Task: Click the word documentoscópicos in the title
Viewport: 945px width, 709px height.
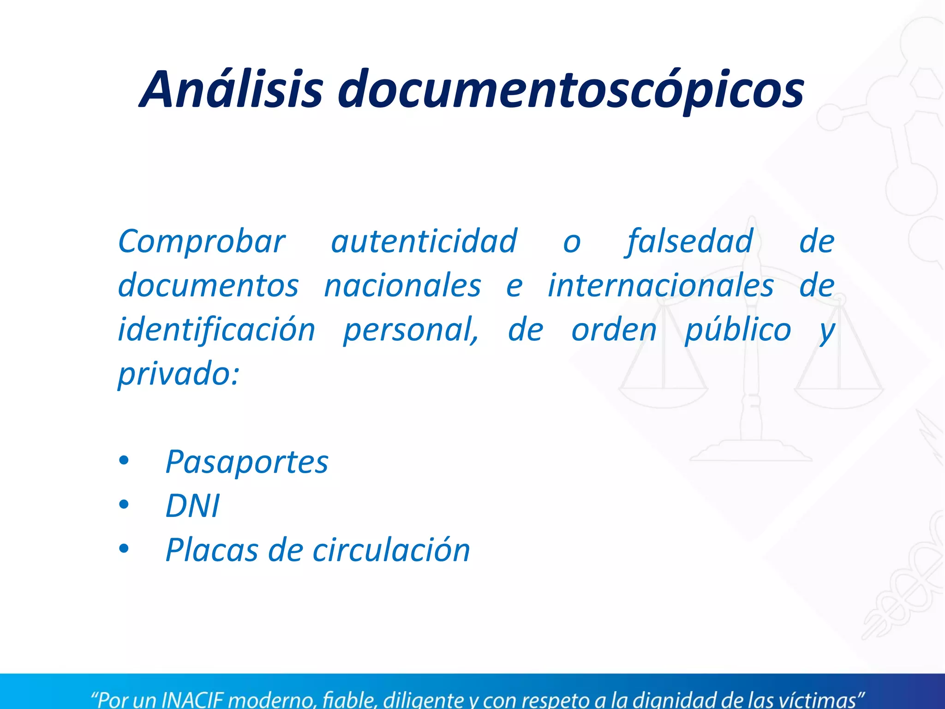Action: click(x=571, y=90)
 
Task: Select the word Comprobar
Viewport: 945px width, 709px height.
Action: click(x=202, y=241)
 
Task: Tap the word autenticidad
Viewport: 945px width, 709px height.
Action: click(x=424, y=241)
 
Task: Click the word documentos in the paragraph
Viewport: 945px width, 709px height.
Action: click(x=208, y=286)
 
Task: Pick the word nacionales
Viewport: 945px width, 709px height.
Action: click(x=402, y=286)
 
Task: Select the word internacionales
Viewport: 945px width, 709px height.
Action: click(x=660, y=286)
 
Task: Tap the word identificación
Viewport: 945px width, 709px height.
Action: click(x=216, y=330)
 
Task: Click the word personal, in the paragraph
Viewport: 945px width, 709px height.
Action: click(x=411, y=330)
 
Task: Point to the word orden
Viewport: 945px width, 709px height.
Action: click(x=614, y=330)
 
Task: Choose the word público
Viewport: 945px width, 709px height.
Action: click(x=738, y=330)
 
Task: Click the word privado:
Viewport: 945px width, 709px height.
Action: click(x=179, y=374)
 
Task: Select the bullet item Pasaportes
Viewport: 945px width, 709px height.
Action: click(x=247, y=462)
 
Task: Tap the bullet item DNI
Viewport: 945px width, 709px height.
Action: click(x=192, y=506)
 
